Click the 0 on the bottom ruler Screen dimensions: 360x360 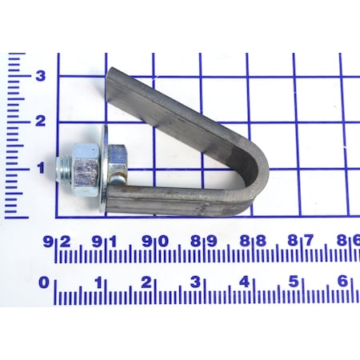(x=45, y=282)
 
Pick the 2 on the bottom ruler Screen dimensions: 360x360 (x=147, y=282)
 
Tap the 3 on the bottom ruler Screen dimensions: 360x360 (x=196, y=282)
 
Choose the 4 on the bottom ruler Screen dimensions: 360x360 (x=245, y=282)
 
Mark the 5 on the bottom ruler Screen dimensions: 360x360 (x=294, y=282)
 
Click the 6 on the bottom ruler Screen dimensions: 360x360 (x=342, y=282)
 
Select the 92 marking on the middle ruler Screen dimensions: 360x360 (x=56, y=241)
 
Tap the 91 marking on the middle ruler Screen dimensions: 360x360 (x=105, y=241)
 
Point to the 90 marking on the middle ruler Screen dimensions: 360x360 (x=154, y=241)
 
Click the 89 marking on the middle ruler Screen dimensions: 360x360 (x=203, y=241)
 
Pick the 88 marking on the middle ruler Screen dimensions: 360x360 (x=252, y=241)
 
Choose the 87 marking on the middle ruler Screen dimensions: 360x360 (x=302, y=241)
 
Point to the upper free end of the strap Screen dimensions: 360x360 (x=112, y=78)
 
